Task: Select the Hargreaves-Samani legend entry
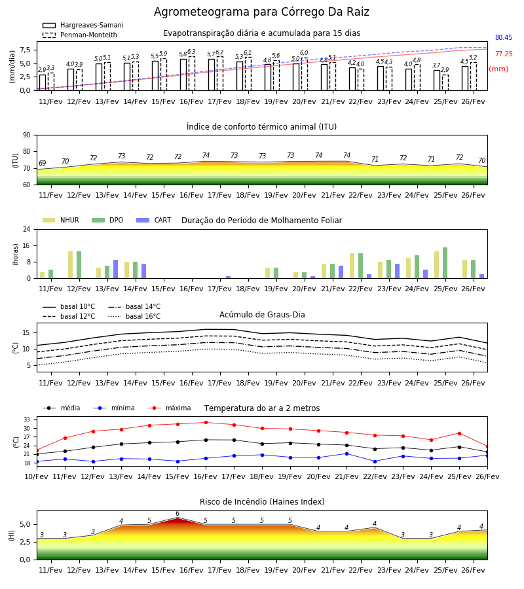83,25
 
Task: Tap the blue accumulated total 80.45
504,37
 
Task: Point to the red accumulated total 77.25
504,54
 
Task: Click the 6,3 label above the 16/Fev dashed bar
192,52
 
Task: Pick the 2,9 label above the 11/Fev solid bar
42,70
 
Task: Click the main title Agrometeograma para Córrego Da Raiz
261,12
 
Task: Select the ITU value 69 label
42,163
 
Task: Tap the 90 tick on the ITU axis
27,135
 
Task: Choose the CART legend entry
154,220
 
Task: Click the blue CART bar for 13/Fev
115,269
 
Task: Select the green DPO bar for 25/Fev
445,263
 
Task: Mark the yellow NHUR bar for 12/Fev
70,265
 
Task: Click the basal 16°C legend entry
134,316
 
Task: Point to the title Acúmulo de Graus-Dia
262,315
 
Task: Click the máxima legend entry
169,408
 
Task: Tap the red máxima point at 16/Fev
206,423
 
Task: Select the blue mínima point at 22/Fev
375,461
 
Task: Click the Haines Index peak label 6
178,514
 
